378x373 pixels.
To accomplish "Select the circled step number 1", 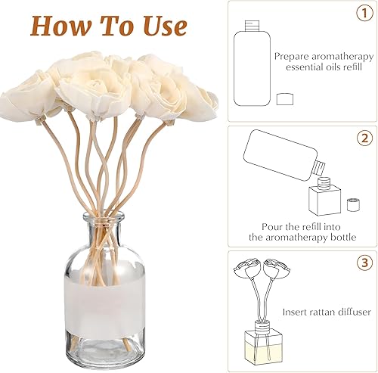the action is [364, 13].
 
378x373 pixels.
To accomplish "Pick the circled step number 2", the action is [364, 138].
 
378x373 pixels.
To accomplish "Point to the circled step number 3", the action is [364, 263].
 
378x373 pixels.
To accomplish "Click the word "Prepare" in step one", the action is [292, 57].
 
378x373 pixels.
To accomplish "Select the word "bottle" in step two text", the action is [342, 237].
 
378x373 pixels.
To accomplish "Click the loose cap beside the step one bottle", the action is [285, 99].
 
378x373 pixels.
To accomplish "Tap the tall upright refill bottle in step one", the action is [252, 64].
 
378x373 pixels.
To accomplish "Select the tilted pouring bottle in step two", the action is [283, 155].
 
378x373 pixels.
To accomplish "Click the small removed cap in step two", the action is [353, 204].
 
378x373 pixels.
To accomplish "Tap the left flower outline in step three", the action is [245, 269].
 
